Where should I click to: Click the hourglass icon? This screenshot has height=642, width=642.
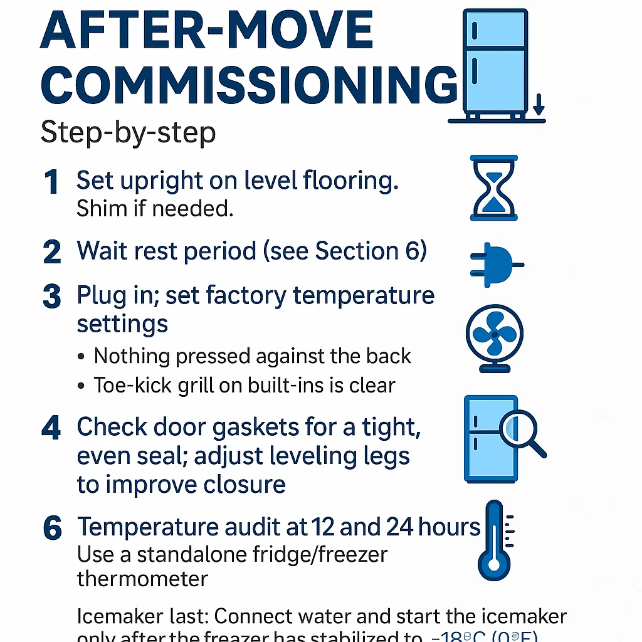(493, 187)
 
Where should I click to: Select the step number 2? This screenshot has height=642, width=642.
(52, 252)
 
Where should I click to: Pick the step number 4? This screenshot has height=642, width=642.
(52, 429)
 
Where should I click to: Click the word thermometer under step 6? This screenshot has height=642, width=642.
(142, 578)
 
